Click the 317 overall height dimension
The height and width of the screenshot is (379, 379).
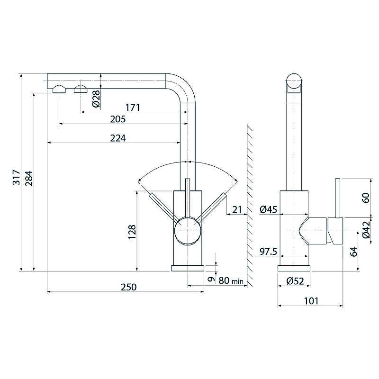tap(16, 177)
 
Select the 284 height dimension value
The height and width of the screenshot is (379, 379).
tap(29, 179)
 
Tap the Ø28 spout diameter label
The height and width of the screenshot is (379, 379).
tap(96, 99)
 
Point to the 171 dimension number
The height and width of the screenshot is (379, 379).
tap(133, 108)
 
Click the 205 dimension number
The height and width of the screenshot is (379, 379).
tap(118, 119)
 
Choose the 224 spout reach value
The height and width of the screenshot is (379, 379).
tap(118, 138)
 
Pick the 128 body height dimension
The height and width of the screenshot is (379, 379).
tap(132, 232)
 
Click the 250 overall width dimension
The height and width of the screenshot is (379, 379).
tap(128, 287)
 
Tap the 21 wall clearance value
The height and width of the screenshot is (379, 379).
tap(237, 209)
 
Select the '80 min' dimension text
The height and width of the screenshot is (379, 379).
tap(231, 280)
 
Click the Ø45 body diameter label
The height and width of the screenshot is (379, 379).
tap(268, 209)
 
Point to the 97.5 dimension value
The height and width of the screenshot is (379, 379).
tap(268, 252)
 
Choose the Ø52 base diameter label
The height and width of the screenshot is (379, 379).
tap(295, 281)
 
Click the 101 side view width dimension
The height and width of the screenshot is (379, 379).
tap(311, 301)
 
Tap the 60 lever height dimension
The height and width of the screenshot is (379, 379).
tap(366, 198)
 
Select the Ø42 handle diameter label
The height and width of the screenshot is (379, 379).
tap(366, 230)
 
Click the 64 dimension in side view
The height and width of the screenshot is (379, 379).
tap(353, 252)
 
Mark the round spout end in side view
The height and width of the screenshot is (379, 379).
tap(294, 81)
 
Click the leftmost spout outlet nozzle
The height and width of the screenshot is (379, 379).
tap(59, 89)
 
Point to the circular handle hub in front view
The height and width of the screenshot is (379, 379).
tap(188, 231)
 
